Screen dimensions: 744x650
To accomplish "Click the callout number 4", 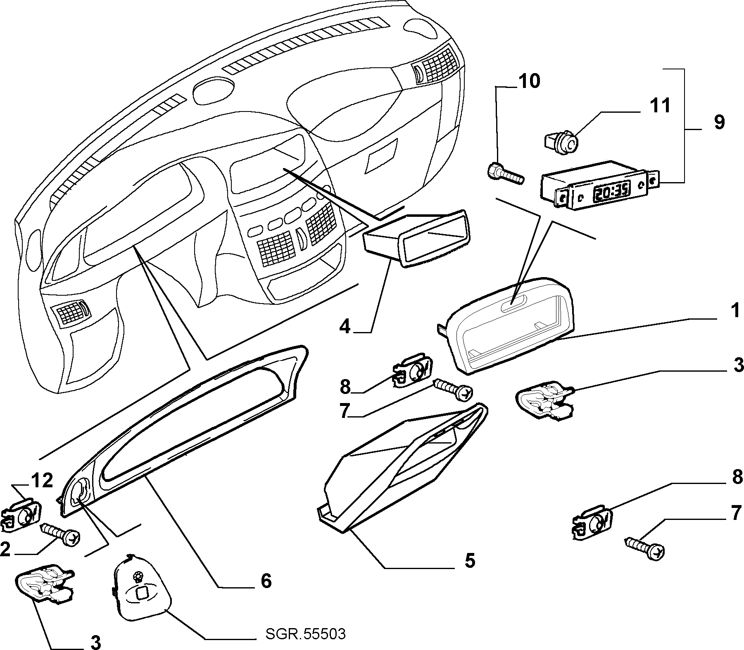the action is click(345, 327).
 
